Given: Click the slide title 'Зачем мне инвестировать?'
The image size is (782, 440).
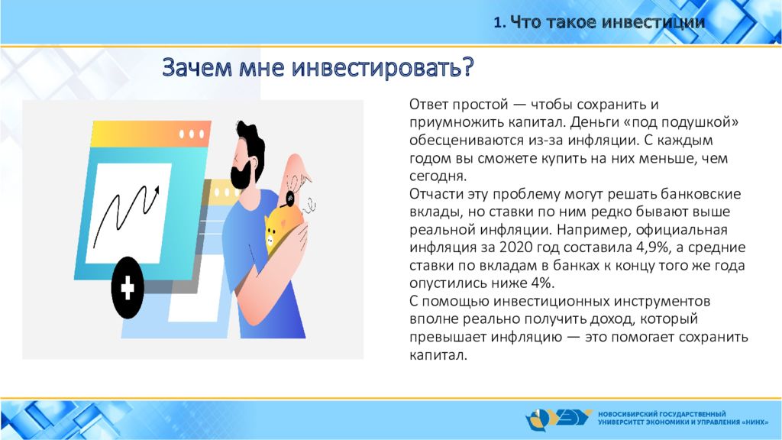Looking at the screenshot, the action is [318, 67].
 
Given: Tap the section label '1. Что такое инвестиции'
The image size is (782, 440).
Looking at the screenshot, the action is [599, 22].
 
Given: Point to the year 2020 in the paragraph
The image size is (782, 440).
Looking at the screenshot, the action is [517, 247].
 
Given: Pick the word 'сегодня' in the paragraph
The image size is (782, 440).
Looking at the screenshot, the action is [438, 176].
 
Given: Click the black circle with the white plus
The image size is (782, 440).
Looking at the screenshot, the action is [128, 288].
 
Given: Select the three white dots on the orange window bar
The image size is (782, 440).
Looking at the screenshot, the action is [192, 134].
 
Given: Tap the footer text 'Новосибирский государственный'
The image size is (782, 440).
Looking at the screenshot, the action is [662, 414].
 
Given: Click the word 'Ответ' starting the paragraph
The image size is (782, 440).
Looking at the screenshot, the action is [428, 104].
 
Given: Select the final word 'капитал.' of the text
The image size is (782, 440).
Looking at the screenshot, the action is [438, 355].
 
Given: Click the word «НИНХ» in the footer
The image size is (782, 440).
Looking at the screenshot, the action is [755, 422].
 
